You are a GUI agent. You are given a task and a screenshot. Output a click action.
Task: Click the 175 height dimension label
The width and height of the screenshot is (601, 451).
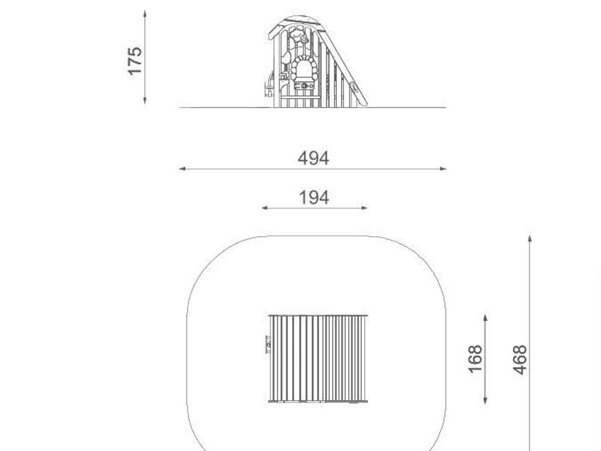134,61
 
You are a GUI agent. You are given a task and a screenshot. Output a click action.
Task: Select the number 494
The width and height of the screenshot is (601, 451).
313,158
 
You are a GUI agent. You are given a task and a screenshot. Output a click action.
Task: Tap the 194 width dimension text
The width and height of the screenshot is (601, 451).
314,198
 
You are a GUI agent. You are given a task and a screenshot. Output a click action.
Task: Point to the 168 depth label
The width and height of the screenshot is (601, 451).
475,359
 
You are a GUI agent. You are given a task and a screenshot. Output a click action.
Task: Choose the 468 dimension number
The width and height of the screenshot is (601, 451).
520,359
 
